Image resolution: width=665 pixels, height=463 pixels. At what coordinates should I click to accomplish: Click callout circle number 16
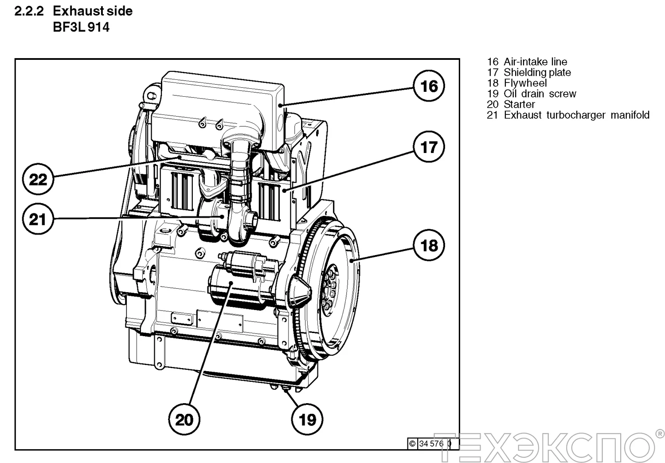pos(429,86)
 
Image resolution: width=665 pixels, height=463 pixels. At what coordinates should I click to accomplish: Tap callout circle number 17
pos(429,147)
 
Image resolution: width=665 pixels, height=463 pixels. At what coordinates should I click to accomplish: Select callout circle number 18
pos(429,245)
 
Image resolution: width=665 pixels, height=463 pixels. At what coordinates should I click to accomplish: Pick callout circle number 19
pos(307,419)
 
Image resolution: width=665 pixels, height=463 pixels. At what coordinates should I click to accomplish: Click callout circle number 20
pos(184,419)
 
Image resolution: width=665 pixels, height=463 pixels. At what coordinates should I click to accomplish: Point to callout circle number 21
pos(38,219)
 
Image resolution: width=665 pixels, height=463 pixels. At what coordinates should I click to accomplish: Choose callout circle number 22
pos(38,180)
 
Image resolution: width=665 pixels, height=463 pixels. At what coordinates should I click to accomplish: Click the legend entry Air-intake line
pos(535,62)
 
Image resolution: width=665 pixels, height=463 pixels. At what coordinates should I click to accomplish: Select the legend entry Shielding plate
pos(537,72)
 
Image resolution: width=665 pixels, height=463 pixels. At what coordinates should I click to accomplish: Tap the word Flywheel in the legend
pos(525,83)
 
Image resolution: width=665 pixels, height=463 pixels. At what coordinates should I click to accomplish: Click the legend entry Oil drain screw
pos(540,94)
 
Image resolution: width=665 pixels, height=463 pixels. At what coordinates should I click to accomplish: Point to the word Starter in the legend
pos(519,104)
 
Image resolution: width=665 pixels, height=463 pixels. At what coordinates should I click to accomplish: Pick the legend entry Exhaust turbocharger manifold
pos(576,115)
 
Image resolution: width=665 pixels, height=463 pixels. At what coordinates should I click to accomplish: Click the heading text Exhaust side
pos(93,11)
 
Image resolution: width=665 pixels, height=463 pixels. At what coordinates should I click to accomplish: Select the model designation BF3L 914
pos(81,27)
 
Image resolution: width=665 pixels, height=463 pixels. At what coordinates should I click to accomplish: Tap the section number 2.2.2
pos(29,11)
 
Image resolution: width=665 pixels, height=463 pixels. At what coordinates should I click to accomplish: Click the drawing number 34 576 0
pos(434,443)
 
